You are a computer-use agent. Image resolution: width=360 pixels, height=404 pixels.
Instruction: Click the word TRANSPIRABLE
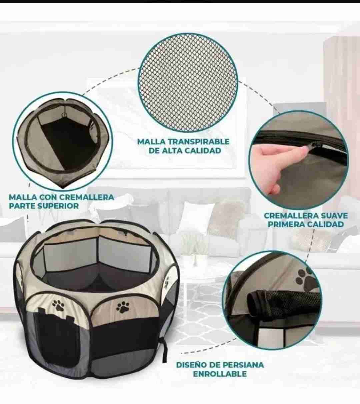click(x=196, y=142)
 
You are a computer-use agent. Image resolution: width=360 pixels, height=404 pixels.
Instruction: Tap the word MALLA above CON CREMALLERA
click(x=22, y=197)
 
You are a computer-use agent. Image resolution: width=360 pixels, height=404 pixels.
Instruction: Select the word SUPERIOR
click(x=58, y=206)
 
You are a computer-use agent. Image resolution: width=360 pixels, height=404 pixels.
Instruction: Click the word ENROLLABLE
click(x=220, y=374)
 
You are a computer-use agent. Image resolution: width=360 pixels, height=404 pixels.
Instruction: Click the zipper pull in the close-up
click(x=315, y=145)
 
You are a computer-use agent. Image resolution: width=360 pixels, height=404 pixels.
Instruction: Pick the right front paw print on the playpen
click(x=123, y=307)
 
